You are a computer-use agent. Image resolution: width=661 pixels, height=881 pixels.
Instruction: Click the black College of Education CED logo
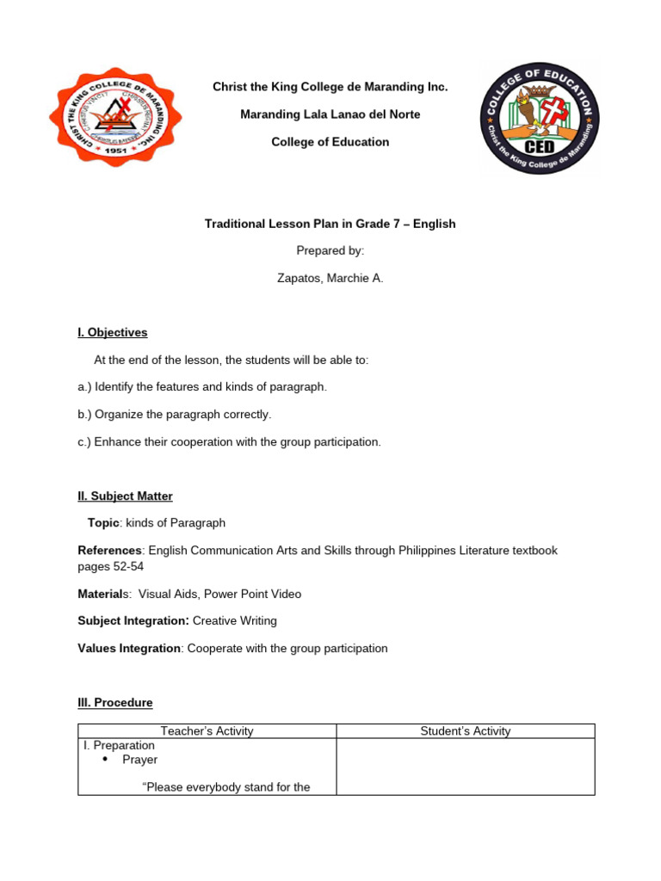[540, 118]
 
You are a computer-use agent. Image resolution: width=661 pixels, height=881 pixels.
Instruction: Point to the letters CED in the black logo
[540, 151]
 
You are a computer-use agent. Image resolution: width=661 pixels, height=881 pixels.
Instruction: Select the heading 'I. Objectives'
[113, 332]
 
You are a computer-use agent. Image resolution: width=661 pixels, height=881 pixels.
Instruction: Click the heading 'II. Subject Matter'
[126, 496]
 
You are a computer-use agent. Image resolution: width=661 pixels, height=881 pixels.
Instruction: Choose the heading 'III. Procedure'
[115, 702]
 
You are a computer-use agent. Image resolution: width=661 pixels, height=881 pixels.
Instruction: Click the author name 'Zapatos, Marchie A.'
[330, 278]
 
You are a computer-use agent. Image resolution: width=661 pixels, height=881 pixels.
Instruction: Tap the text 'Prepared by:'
[330, 250]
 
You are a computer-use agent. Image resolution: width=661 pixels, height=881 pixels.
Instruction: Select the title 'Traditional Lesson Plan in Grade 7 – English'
[330, 224]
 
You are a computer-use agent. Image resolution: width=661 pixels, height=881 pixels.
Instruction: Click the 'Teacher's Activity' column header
[207, 731]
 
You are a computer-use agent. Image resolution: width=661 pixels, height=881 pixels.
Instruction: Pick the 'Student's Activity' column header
[465, 731]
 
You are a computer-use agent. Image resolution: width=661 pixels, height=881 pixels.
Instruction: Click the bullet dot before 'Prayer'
[105, 760]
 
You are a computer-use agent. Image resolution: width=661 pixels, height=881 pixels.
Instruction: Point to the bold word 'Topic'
[103, 522]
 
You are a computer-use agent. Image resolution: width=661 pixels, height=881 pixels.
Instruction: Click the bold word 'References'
[109, 550]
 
